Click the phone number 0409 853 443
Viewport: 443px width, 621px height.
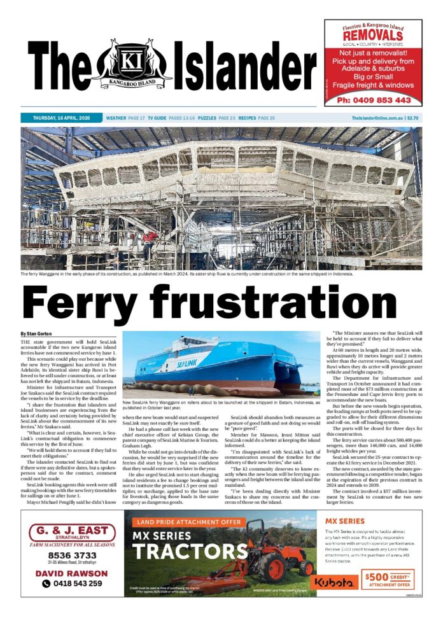374,100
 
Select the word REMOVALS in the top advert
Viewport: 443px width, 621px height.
373,36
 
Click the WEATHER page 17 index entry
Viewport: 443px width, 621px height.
125,118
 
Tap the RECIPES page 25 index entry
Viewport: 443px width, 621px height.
257,118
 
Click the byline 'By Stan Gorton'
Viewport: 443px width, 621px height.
37,333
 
